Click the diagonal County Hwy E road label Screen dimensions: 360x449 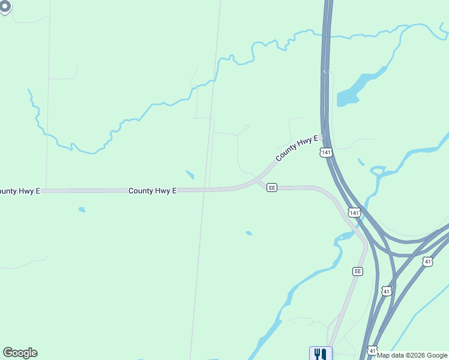tap(296, 148)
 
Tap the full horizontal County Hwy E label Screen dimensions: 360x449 tap(152, 191)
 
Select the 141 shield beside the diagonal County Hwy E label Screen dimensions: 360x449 tap(325, 152)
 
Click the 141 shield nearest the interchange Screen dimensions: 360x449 tap(354, 213)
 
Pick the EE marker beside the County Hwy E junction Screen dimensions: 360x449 tap(272, 188)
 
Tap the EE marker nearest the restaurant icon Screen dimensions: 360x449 tap(358, 271)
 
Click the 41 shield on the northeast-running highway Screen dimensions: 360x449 tap(427, 262)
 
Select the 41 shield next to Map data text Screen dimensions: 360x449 tap(373, 350)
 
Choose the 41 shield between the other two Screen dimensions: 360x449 tap(387, 291)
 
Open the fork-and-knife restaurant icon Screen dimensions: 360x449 tap(320, 353)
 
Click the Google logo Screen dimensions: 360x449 tap(20, 353)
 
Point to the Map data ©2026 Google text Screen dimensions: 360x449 tap(412, 355)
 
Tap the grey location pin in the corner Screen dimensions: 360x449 tap(5, 7)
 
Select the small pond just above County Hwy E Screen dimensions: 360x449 tap(190, 175)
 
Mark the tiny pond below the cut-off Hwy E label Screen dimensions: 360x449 tap(81, 210)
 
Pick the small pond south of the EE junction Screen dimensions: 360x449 tap(249, 233)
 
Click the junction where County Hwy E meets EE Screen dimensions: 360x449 tap(258, 179)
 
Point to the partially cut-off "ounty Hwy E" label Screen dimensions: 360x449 tap(20, 191)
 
